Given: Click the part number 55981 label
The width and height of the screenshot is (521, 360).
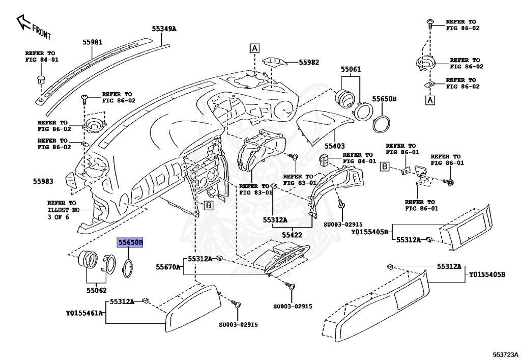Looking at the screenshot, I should click(x=93, y=43).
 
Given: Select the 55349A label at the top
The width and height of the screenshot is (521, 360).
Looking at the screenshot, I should click(x=164, y=29).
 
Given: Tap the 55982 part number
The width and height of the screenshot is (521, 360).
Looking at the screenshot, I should click(x=309, y=62).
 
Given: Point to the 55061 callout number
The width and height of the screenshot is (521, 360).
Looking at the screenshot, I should click(x=351, y=69).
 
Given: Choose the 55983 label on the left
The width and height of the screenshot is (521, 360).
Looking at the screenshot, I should click(x=43, y=181).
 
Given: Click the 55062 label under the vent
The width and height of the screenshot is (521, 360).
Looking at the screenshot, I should click(x=97, y=291).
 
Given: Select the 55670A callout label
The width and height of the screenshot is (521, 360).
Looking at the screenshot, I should click(x=168, y=266).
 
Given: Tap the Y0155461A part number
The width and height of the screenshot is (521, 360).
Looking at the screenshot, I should click(x=84, y=313).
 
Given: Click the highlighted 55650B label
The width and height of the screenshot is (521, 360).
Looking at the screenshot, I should click(x=131, y=243).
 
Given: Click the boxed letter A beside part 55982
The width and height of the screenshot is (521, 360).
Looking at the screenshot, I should click(x=254, y=49).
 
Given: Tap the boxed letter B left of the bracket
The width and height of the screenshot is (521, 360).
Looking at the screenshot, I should click(x=385, y=166).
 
